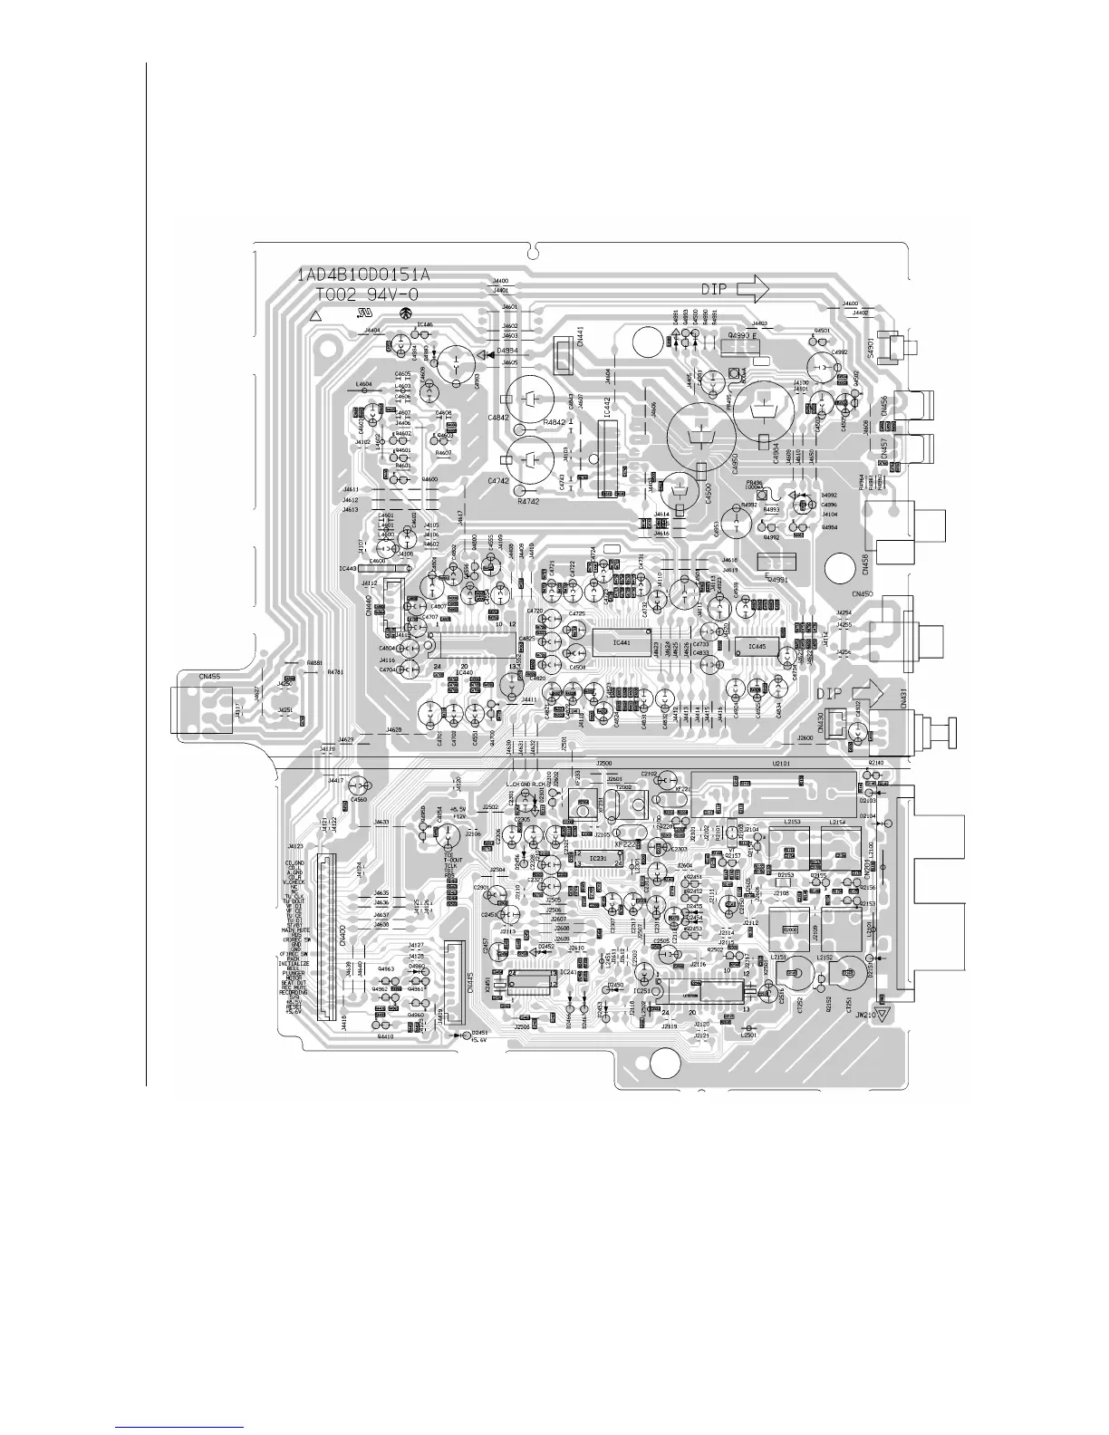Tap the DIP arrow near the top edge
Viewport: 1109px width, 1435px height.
pyautogui.click(x=753, y=288)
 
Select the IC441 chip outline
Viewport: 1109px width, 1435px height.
pyautogui.click(x=621, y=642)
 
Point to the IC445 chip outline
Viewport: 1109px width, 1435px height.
pyautogui.click(x=751, y=647)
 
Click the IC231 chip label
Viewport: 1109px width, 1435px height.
pyautogui.click(x=598, y=857)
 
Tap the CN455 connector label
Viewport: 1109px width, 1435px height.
pyautogui.click(x=209, y=675)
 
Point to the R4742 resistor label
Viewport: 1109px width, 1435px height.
pyautogui.click(x=528, y=501)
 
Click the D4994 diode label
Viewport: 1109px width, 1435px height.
pyautogui.click(x=507, y=351)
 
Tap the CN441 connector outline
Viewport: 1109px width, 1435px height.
pyautogui.click(x=564, y=352)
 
